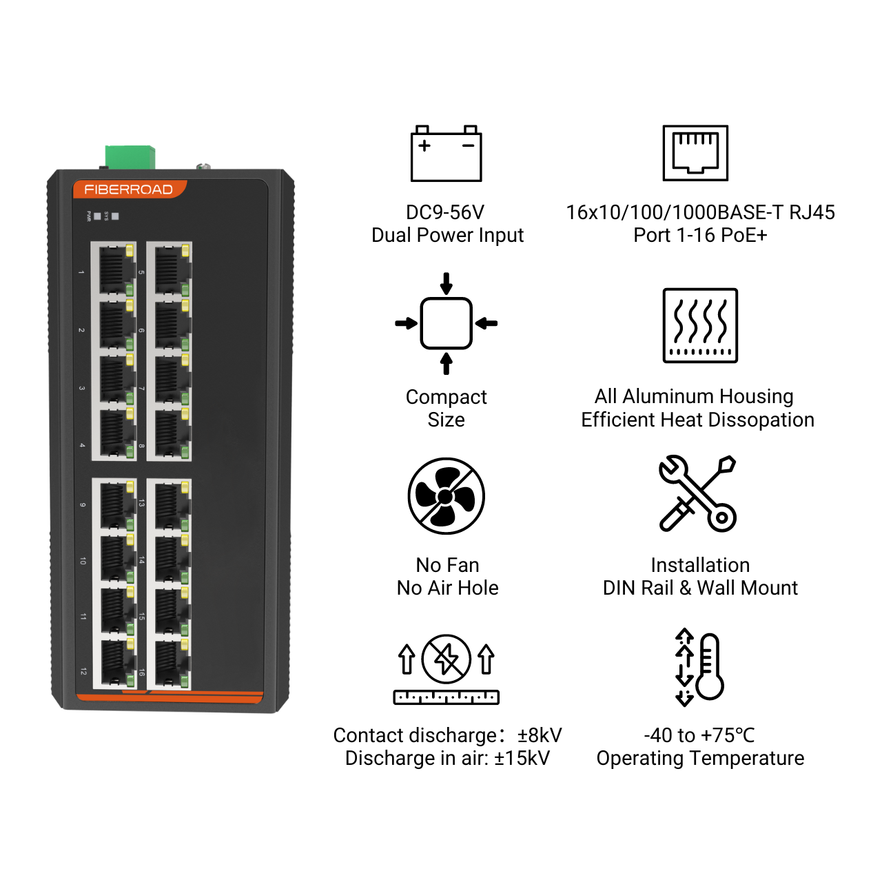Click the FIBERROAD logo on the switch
click(129, 189)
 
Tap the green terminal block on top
click(130, 157)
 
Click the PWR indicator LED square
click(97, 216)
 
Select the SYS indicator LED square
click(115, 216)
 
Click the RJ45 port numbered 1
click(114, 271)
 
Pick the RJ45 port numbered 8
click(170, 434)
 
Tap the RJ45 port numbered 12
click(115, 663)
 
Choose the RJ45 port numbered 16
click(170, 663)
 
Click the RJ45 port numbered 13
click(170, 506)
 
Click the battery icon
click(447, 154)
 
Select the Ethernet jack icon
click(695, 153)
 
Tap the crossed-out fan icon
click(447, 495)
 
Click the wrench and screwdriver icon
click(697, 493)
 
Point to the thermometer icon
click(710, 666)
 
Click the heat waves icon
click(700, 325)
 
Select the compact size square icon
click(447, 324)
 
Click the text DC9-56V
click(445, 212)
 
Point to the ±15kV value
click(522, 758)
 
